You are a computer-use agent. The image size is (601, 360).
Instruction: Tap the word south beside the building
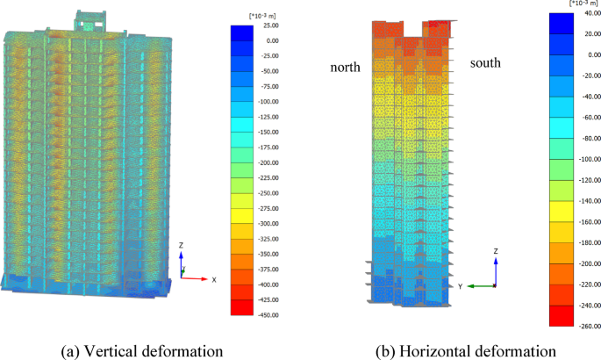487,63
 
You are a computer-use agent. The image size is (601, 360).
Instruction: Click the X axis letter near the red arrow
214,279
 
